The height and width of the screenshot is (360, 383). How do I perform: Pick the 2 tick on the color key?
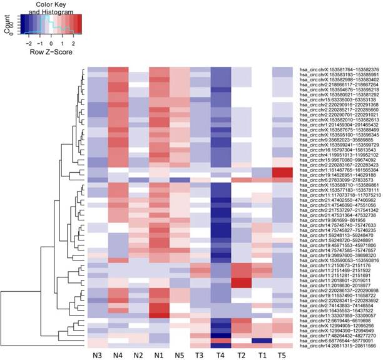(73, 44)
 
